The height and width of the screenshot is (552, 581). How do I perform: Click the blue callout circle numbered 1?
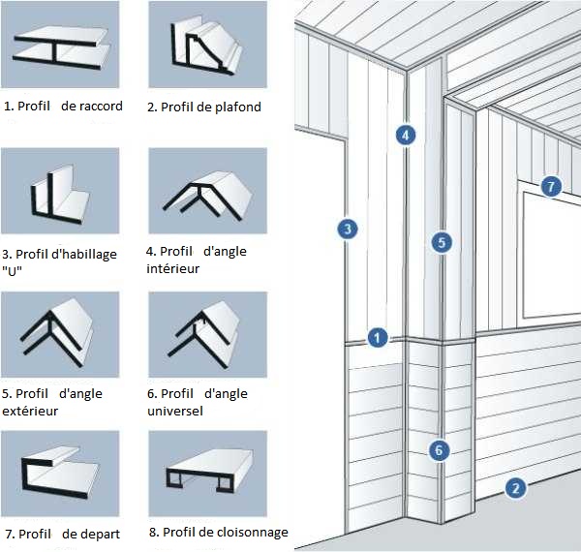click(378, 338)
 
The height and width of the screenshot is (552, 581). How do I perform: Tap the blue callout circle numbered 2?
click(516, 488)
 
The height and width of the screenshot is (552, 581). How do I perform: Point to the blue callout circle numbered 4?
click(406, 135)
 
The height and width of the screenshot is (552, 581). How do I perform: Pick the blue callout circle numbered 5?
click(442, 242)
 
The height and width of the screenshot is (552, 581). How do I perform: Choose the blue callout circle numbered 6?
click(439, 449)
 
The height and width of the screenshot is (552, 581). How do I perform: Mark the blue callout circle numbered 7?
click(551, 186)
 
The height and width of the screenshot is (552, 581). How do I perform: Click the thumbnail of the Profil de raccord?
click(61, 47)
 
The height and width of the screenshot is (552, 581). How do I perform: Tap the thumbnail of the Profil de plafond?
click(207, 47)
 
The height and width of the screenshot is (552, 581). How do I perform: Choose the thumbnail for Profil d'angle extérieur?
click(61, 334)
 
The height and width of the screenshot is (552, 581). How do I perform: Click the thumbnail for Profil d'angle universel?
click(207, 334)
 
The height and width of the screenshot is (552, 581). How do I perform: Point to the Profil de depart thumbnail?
click(61, 475)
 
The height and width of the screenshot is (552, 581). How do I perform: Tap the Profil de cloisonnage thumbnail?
click(207, 475)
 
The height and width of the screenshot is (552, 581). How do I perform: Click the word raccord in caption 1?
click(99, 107)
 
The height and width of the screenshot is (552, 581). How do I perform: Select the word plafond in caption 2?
click(237, 107)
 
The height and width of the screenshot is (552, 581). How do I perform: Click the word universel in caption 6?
click(177, 411)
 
